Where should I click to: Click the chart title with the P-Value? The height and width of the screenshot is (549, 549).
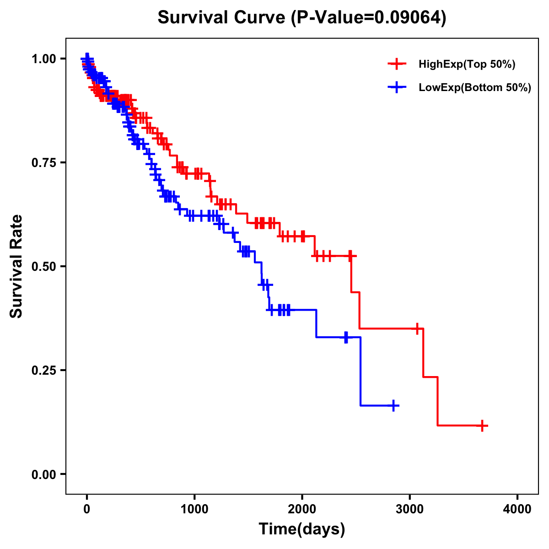(302, 17)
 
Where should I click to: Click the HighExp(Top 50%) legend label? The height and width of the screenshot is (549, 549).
(467, 65)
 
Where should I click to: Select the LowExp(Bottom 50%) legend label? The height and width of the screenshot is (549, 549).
(475, 88)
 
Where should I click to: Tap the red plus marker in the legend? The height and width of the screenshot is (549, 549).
(397, 64)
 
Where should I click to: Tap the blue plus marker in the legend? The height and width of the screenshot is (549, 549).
(397, 87)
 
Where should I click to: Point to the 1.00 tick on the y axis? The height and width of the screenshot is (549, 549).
(43, 59)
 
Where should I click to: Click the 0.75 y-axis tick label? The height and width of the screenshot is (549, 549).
(43, 163)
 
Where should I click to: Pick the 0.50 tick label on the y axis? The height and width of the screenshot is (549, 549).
(43, 267)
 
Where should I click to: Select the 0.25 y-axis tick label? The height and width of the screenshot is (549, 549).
(43, 371)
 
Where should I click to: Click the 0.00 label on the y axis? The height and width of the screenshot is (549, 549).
(43, 474)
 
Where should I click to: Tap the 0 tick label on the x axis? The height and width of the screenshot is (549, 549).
(87, 509)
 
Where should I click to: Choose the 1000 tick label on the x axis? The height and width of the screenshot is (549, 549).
(194, 509)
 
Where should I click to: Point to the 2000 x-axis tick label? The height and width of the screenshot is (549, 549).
(302, 509)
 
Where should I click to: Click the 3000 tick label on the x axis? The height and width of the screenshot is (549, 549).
(410, 509)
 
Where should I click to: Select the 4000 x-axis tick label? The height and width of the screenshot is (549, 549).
(517, 509)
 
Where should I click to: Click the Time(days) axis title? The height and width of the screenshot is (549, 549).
(302, 529)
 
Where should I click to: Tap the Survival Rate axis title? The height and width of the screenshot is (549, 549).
(16, 266)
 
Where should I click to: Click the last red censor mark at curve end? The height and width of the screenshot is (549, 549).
(482, 425)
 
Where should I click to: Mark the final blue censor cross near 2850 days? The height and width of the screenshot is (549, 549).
(393, 405)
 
